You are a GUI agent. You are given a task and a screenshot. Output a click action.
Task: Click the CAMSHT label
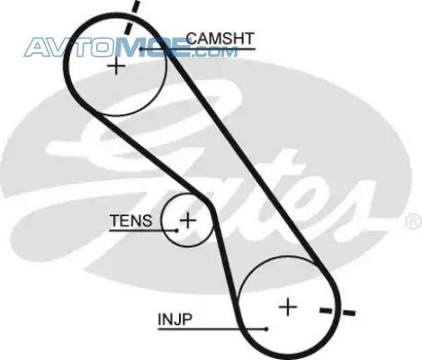220,39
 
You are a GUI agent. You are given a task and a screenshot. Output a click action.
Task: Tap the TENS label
131,220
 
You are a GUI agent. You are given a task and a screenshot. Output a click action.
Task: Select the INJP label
175,319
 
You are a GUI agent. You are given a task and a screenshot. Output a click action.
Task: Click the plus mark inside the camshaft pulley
116,67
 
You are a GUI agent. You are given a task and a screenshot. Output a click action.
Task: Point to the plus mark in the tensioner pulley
188,220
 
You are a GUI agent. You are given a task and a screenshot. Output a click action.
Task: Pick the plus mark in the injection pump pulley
288,307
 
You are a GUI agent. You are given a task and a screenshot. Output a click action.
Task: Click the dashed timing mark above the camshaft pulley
132,17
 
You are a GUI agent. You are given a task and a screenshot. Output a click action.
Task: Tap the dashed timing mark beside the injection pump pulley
337,311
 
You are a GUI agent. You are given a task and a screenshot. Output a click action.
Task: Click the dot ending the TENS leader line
176,230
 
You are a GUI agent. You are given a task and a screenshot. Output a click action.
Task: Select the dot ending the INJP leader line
266,329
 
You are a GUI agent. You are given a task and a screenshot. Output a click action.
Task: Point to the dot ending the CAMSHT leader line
141,49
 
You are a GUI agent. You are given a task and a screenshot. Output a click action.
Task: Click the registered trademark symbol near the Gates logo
414,222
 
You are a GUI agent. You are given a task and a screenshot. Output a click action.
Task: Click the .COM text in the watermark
214,52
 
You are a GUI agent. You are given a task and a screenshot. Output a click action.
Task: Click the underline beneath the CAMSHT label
198,49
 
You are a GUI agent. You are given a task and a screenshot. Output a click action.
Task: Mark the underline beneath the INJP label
212,329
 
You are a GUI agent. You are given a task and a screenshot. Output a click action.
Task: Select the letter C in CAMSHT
192,39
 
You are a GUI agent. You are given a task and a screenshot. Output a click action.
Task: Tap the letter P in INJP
187,319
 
